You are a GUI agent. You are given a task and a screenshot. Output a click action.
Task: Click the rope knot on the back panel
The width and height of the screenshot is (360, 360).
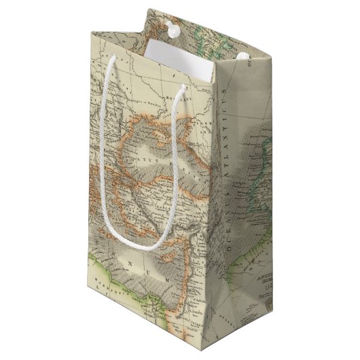coord(170,28)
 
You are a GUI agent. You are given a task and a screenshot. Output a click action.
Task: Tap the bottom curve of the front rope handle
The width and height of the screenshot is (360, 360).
coord(151,245)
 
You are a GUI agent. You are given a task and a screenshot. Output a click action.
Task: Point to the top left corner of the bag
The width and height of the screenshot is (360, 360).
coord(91,28)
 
